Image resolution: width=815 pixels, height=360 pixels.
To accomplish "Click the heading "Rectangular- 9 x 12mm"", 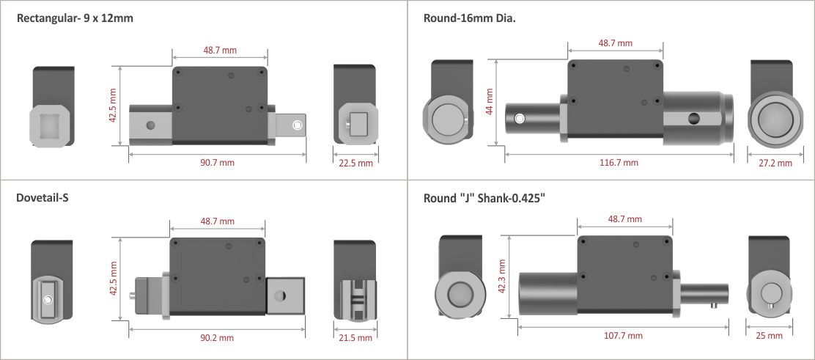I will point(75,18).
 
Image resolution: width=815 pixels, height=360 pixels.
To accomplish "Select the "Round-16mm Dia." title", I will point(469,18).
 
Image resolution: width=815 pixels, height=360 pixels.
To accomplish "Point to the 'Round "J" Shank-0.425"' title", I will point(484,198).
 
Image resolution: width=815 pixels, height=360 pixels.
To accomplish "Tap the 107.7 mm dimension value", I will point(624,335).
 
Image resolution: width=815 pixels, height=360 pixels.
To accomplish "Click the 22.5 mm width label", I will point(355,163).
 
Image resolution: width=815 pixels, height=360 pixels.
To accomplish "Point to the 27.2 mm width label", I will point(774,163).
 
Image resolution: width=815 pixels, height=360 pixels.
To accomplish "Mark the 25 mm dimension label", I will point(769,335).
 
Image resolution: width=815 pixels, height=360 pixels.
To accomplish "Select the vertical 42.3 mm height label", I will point(501,278).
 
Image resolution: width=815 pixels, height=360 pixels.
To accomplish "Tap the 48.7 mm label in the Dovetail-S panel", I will point(217,221).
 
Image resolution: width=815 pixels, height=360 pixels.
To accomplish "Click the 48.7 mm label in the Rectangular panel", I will point(220,51).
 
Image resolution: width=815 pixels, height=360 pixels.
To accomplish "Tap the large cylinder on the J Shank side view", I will point(546,294).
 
